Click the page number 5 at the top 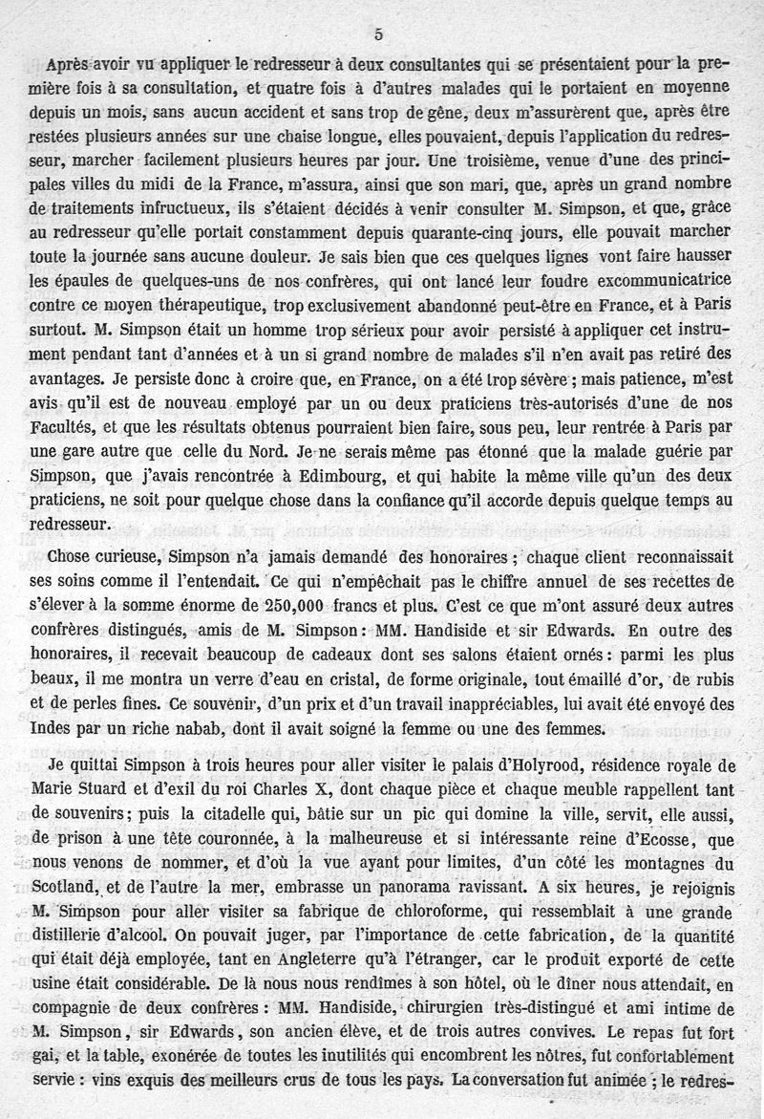pyautogui.click(x=379, y=34)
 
